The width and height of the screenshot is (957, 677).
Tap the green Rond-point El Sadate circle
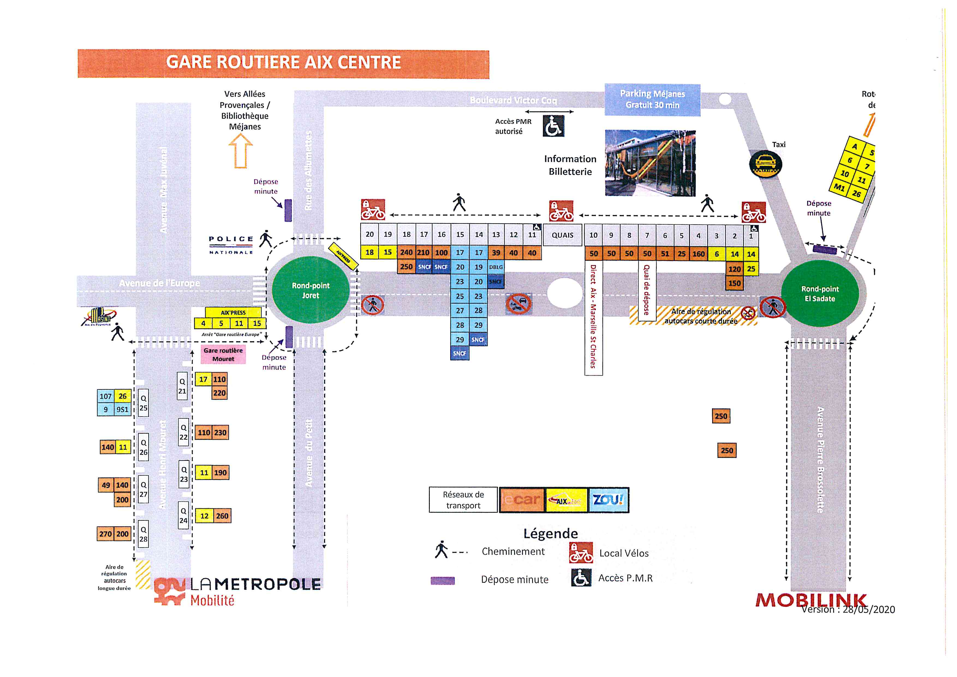pos(819,293)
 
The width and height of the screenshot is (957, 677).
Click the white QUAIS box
pos(562,235)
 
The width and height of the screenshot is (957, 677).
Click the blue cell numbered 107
pos(105,396)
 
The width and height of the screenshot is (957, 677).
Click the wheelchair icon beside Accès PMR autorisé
pos(553,126)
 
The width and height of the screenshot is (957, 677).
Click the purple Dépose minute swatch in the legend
pos(442,581)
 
